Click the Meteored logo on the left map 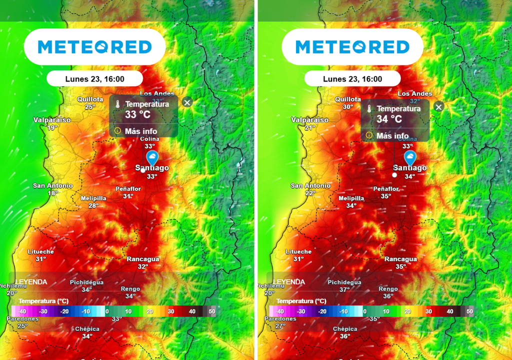coord(94,47)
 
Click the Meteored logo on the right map coord(352,47)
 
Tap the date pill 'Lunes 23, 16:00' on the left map coord(94,79)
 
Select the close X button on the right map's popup coord(438,107)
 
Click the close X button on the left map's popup coord(187,102)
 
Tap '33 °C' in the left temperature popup coord(137,114)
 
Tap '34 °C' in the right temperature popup coord(389,119)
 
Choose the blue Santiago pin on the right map coord(409,158)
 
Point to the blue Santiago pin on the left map coord(151,158)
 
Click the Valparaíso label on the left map coord(52,120)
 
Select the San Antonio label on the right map coord(310,185)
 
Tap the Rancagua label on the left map coord(143,259)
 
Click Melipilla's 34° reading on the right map coord(351,205)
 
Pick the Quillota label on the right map coord(348,99)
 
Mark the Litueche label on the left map coord(40,251)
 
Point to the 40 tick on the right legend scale coord(449,311)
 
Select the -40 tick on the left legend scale coord(22,311)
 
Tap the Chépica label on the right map coord(345,329)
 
